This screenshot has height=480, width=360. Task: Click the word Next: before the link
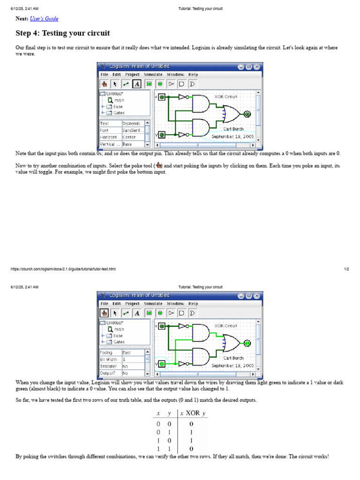coord(22,19)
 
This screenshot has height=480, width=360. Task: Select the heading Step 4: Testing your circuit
coord(63,33)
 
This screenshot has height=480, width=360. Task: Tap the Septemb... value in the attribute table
coord(133,123)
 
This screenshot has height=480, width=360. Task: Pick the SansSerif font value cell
coord(133,130)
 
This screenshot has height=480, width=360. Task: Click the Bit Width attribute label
coord(109,360)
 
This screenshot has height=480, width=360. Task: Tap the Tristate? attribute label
coord(109,366)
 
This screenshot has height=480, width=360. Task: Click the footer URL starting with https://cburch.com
coord(63,269)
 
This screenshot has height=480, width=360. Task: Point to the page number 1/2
coord(346,269)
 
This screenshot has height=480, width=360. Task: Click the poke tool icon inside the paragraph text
coord(159,165)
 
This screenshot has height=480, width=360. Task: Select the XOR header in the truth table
coord(193,413)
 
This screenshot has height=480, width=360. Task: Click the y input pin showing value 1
coord(162,364)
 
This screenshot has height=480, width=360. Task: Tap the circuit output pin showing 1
coord(247,343)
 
